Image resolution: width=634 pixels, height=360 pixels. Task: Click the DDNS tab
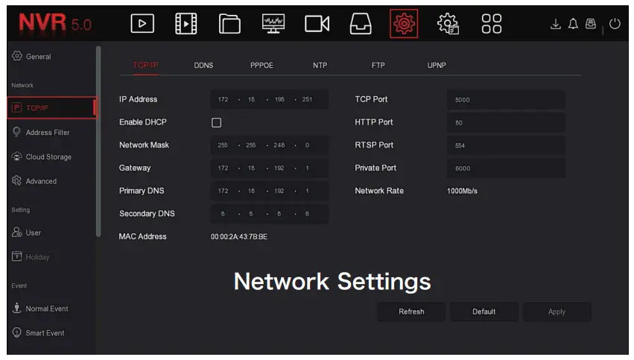(x=203, y=66)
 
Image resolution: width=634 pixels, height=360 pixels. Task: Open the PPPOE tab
(x=261, y=66)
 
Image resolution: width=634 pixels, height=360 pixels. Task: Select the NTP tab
(x=320, y=66)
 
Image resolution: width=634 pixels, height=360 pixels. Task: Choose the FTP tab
(x=378, y=66)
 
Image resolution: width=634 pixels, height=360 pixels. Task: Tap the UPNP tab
(x=437, y=66)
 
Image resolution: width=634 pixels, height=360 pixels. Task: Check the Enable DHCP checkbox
(x=217, y=122)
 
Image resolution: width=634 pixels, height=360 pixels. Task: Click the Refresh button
(x=411, y=312)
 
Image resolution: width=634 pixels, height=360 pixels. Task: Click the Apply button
(x=557, y=312)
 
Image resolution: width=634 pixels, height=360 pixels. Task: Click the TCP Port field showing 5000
(x=506, y=100)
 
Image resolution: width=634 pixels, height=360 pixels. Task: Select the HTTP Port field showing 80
(x=506, y=123)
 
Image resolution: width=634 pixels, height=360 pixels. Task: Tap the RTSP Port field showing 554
(x=506, y=145)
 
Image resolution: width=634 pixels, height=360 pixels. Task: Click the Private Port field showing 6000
(x=506, y=168)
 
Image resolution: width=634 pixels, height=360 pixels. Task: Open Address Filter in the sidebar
(x=47, y=133)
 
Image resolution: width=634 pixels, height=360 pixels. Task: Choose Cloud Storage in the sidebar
(x=48, y=157)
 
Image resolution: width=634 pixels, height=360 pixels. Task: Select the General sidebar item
(x=38, y=57)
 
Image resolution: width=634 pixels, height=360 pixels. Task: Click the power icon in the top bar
(x=615, y=24)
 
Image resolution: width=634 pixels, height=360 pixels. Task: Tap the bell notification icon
(x=574, y=24)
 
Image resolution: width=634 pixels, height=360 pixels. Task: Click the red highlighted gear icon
(x=405, y=24)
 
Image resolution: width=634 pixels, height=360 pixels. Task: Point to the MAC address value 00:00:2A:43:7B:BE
(x=238, y=237)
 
